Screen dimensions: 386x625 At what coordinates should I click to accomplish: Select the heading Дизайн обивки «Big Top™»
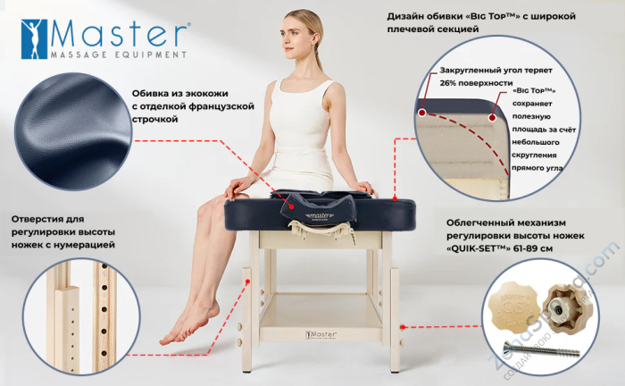point(480,17)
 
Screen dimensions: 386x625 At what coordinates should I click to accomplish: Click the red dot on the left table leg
point(247,281)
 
